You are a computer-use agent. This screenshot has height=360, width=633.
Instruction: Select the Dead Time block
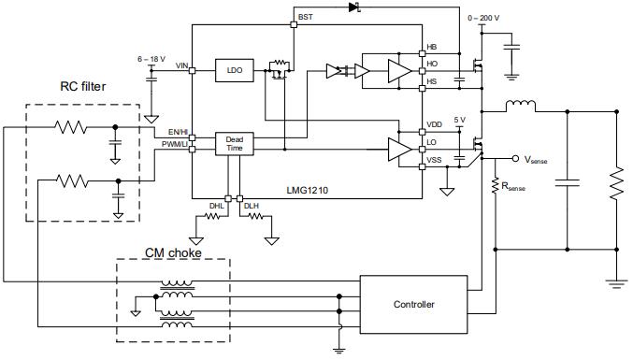point(234,143)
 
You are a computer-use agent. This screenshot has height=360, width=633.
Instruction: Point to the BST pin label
point(306,18)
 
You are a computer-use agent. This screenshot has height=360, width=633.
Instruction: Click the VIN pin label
point(181,65)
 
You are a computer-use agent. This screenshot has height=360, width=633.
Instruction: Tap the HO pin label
point(431,65)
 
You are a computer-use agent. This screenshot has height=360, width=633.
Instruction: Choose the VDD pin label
point(433,124)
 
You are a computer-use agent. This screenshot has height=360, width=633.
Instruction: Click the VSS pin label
point(433,160)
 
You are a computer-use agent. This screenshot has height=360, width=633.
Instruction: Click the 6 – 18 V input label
point(151,59)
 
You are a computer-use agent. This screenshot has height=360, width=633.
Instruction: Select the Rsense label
point(517,187)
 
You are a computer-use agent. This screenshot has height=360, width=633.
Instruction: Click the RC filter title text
point(82,88)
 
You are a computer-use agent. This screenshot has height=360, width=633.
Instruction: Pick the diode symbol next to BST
point(354,8)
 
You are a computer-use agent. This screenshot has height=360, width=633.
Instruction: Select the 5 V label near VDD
point(458,121)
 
